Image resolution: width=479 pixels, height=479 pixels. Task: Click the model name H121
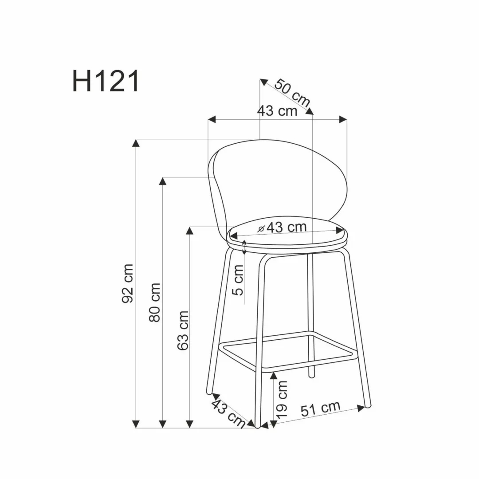pos(106,82)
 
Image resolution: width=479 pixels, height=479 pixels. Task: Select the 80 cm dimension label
pos(155,302)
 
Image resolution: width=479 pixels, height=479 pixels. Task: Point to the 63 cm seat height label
pos(183,330)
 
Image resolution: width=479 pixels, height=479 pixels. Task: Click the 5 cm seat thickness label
pos(238,280)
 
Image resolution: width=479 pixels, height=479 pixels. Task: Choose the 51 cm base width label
pos(320,408)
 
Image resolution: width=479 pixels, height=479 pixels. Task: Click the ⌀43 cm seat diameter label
pos(283,228)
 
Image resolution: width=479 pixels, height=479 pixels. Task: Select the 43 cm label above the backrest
pos(277,110)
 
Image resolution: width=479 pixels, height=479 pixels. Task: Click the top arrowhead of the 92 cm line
pos(137,143)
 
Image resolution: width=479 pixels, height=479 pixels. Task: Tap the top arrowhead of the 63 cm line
pos(190,230)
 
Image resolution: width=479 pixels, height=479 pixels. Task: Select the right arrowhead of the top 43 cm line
pos(343,119)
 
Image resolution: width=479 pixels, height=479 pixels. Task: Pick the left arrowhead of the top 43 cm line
pos(212,119)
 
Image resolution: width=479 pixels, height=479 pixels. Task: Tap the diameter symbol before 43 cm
pos(261,228)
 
